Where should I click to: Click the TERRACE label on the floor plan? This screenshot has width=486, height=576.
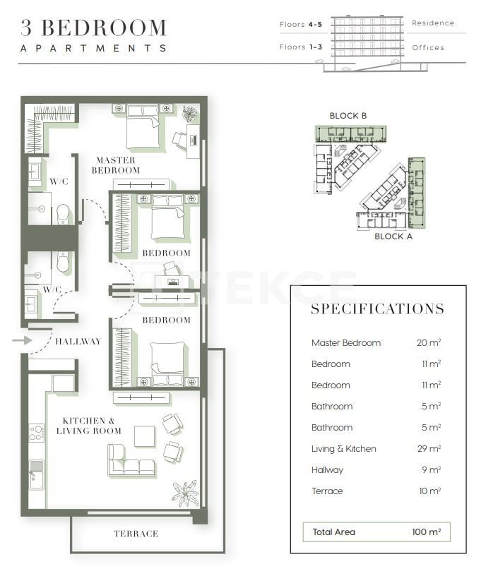(x=136, y=534)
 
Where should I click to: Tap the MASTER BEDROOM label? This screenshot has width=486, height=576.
(x=116, y=165)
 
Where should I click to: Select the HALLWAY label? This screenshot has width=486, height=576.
(x=78, y=341)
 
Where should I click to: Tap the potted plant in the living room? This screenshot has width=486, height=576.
(x=185, y=493)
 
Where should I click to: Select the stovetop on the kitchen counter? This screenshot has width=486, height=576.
(x=36, y=433)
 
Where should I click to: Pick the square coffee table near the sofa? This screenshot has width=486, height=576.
(x=145, y=436)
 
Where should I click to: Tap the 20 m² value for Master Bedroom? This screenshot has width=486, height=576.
(x=428, y=343)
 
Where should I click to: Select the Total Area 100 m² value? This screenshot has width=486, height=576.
(x=426, y=532)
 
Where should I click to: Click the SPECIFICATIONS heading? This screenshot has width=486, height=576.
(x=378, y=309)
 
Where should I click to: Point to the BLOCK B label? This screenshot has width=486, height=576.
(x=348, y=116)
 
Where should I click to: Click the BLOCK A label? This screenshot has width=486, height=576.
(x=393, y=236)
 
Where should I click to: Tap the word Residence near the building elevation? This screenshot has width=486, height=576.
(x=433, y=23)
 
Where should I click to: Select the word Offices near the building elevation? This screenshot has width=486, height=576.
(x=428, y=48)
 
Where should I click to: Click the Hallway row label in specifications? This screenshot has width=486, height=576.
(x=327, y=470)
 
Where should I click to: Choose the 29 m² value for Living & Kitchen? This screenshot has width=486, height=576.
(x=428, y=449)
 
